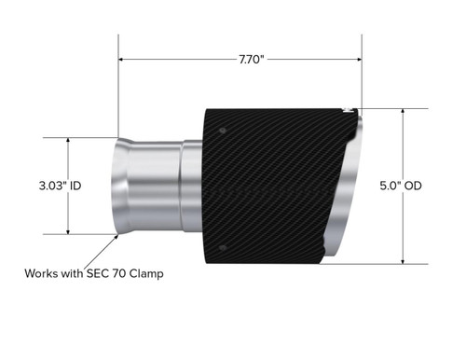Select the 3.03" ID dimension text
click(56, 187)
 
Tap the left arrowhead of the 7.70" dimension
click(122, 59)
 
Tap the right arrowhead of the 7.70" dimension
click(359, 59)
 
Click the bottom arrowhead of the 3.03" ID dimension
click(69, 232)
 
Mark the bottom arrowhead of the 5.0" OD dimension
click(402, 261)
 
